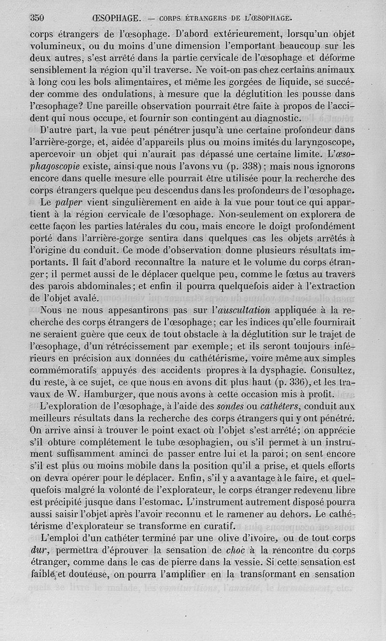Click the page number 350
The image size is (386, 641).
pos(37,19)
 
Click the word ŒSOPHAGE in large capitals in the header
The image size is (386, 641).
pos(116,19)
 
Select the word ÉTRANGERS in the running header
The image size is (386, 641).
pos(207,19)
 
